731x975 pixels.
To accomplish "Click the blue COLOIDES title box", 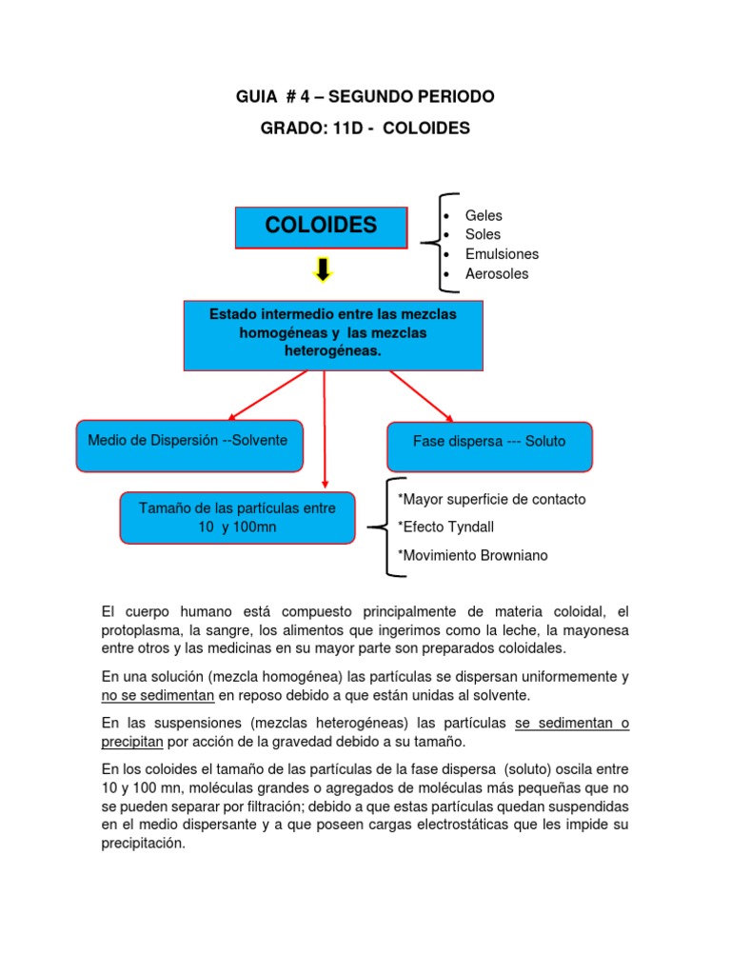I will (321, 226).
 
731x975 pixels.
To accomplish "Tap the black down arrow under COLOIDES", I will (323, 271).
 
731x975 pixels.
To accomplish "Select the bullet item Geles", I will (484, 215).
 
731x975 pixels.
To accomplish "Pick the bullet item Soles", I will (483, 234).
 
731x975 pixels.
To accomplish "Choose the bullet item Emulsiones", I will (502, 254).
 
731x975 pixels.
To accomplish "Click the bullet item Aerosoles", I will (497, 274).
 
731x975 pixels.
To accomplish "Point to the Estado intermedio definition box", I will (333, 334).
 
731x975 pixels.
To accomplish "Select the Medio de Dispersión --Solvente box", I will (188, 444).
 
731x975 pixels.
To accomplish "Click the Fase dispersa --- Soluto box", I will (489, 445).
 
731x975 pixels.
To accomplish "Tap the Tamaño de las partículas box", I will (238, 517).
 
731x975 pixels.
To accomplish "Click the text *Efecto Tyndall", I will (446, 527).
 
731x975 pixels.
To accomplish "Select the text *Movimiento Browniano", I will (473, 555).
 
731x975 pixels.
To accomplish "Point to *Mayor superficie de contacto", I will (492, 500).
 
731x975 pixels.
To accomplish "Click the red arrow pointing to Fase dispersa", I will (421, 394).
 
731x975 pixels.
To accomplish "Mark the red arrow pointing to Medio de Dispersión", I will (266, 395).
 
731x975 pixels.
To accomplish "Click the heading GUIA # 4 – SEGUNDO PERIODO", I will (365, 97).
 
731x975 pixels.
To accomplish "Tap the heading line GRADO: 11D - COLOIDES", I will (365, 128).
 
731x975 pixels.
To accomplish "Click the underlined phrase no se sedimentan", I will (154, 696).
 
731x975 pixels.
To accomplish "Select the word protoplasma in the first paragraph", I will (143, 630).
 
